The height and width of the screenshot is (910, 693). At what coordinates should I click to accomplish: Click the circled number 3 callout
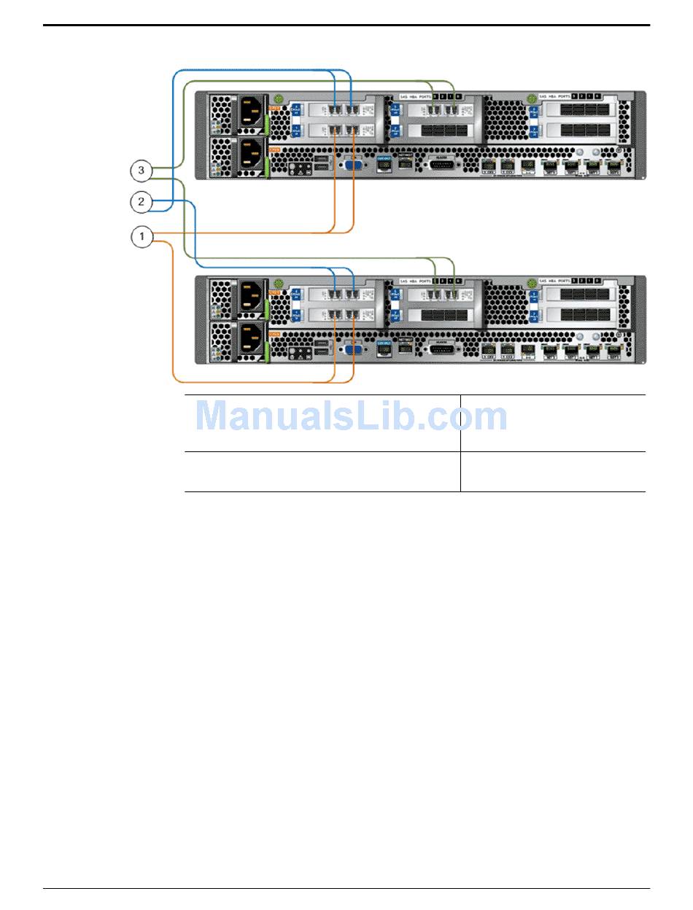click(x=142, y=171)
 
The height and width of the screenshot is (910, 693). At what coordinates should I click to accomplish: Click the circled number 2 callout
click(x=142, y=202)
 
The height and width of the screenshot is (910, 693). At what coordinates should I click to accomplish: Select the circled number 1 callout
click(x=142, y=236)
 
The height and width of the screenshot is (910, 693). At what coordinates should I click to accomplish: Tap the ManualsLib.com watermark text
click(x=352, y=416)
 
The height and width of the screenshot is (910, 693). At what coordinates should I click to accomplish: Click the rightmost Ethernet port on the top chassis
click(x=614, y=168)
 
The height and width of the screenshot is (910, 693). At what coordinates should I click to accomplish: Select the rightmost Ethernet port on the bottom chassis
click(x=614, y=353)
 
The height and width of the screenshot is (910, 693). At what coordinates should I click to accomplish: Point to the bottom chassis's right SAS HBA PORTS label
click(x=554, y=281)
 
